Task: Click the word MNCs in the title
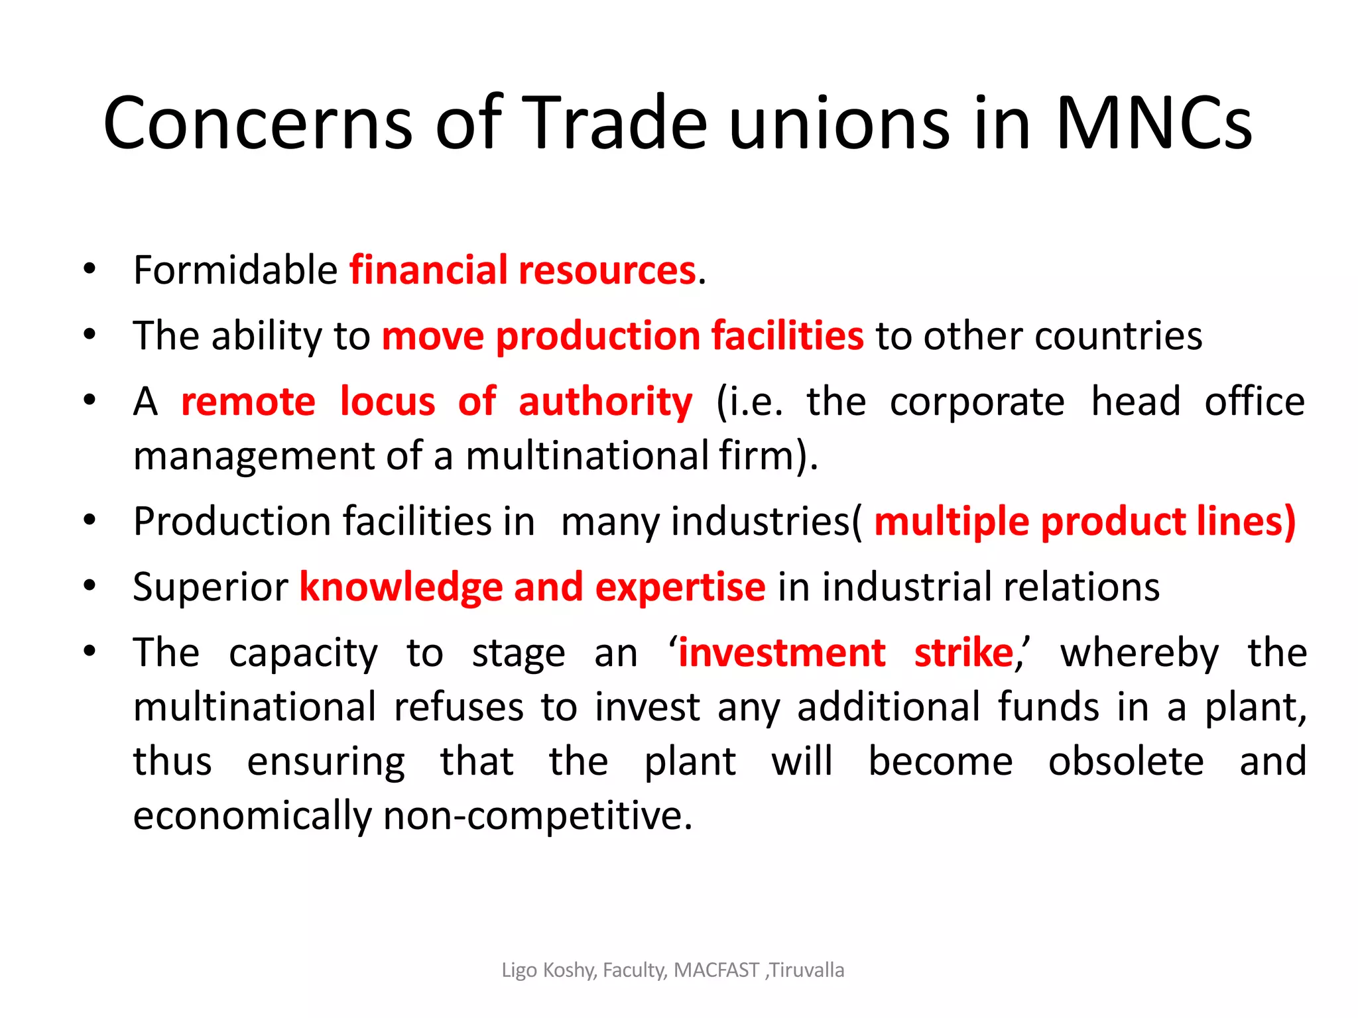point(1153,123)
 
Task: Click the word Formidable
point(235,270)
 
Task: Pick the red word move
point(432,336)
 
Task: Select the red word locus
point(387,402)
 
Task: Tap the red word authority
point(605,403)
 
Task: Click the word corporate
point(977,403)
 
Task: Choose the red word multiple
point(952,522)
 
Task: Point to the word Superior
point(210,587)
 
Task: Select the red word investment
point(782,653)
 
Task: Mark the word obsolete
point(1125,761)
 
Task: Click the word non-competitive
point(537,815)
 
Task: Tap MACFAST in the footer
point(716,970)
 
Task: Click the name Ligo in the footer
point(519,971)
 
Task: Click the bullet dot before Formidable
point(90,269)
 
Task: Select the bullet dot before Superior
point(90,586)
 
